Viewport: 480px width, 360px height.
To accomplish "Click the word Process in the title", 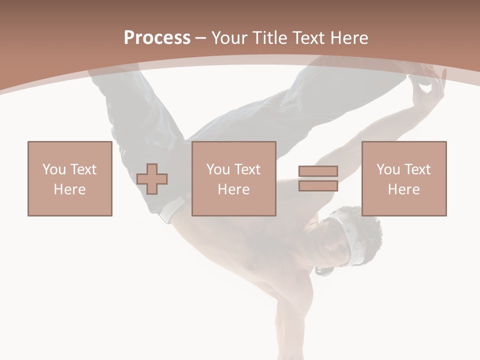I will point(157,38).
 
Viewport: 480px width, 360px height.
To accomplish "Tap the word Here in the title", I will point(348,38).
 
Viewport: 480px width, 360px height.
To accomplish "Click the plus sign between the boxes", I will point(152,179).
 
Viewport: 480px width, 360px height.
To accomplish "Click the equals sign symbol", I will point(318,178).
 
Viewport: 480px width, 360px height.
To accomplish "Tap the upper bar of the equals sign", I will point(318,171).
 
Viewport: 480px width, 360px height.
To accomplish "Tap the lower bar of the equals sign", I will point(318,185).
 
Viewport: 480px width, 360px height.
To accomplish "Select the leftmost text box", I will point(70,178).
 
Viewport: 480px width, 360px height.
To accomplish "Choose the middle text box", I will point(234,178).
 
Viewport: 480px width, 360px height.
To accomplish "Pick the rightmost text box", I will point(404,178).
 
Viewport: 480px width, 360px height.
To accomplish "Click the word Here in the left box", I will point(70,189).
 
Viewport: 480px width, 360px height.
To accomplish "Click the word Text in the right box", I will point(417,169).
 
